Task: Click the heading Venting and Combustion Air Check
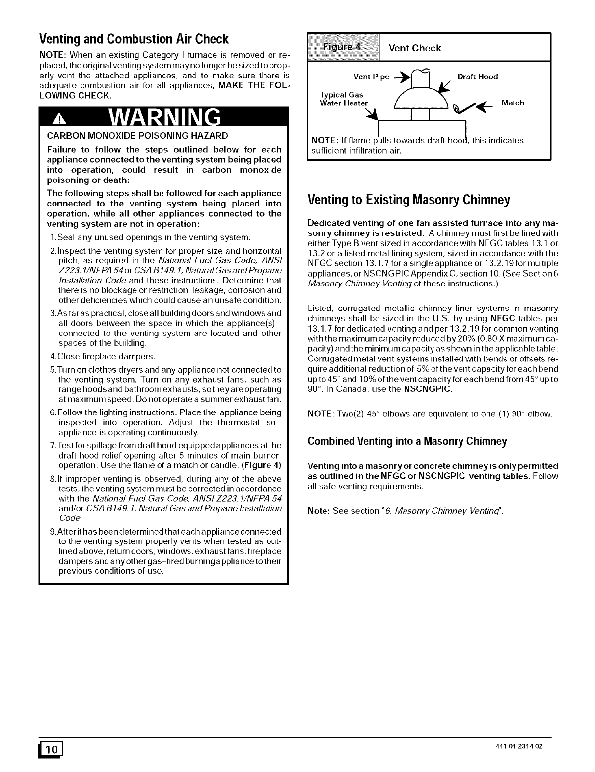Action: tap(134, 39)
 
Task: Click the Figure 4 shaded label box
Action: tap(344, 47)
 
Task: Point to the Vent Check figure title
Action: tap(414, 48)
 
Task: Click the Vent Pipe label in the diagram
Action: tap(371, 77)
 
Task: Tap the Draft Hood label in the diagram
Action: tap(477, 77)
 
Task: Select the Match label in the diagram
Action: tap(513, 103)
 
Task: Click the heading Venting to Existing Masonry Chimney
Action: tap(408, 200)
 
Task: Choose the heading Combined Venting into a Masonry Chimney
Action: tap(407, 441)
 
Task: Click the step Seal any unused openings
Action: tap(150, 238)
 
